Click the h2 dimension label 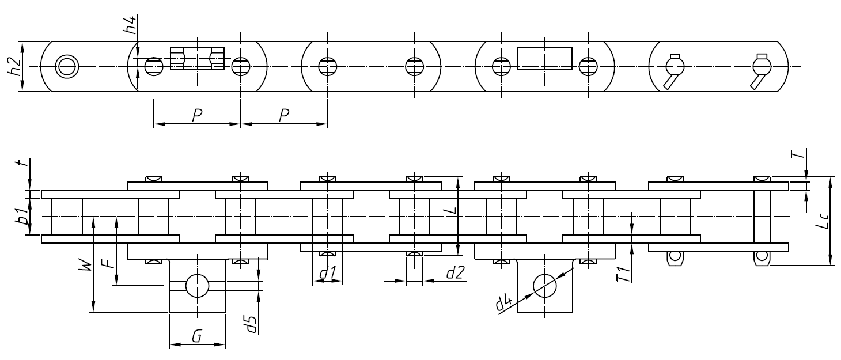click(x=17, y=67)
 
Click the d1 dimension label click(x=327, y=275)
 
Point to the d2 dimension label click(x=456, y=273)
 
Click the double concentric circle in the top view click(x=67, y=66)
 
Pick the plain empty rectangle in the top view click(x=544, y=58)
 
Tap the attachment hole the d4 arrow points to click(x=544, y=285)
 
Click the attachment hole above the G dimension click(x=196, y=285)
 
